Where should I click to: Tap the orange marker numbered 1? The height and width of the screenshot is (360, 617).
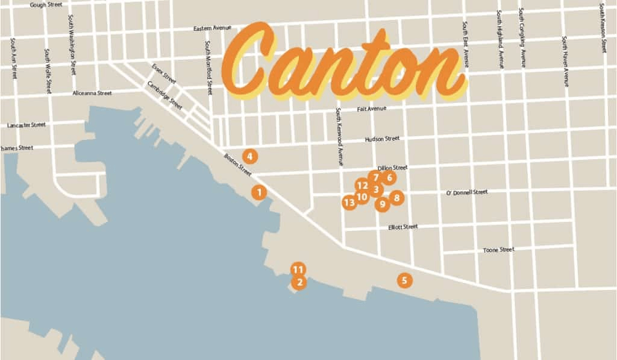pyautogui.click(x=259, y=192)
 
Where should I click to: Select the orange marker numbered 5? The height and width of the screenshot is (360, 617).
pyautogui.click(x=404, y=280)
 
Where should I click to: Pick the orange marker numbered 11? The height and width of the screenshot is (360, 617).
pyautogui.click(x=298, y=269)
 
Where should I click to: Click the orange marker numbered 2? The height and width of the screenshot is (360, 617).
pyautogui.click(x=299, y=282)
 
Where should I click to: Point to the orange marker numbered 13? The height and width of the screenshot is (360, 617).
pyautogui.click(x=349, y=203)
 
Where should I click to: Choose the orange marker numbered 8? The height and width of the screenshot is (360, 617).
pyautogui.click(x=396, y=197)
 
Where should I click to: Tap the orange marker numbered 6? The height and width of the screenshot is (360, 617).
pyautogui.click(x=389, y=177)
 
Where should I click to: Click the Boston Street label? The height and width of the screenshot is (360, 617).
pyautogui.click(x=237, y=164)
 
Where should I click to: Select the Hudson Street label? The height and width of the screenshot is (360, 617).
pyautogui.click(x=382, y=139)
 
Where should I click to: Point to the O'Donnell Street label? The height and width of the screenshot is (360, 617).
pyautogui.click(x=466, y=192)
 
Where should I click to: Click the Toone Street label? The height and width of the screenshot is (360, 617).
pyautogui.click(x=498, y=250)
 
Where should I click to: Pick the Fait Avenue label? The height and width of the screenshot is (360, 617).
pyautogui.click(x=371, y=109)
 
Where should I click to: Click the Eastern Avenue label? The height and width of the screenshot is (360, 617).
pyautogui.click(x=212, y=28)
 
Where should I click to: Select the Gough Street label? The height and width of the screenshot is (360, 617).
pyautogui.click(x=46, y=5)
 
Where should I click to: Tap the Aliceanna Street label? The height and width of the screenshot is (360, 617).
pyautogui.click(x=92, y=93)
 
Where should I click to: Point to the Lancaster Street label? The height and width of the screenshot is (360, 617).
pyautogui.click(x=26, y=125)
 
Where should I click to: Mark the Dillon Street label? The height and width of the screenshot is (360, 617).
pyautogui.click(x=392, y=168)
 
